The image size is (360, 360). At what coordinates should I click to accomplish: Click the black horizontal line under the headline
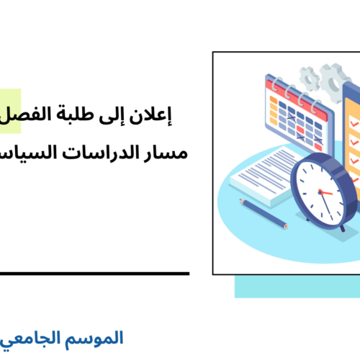point(94,274)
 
